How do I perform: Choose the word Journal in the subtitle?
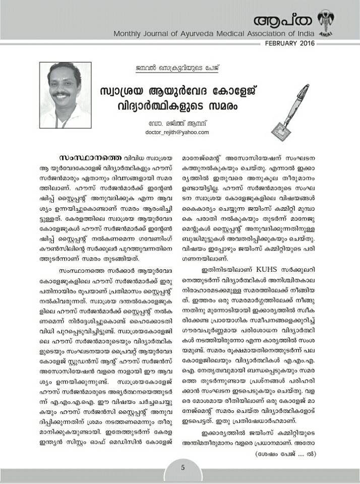coord(164,34)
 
